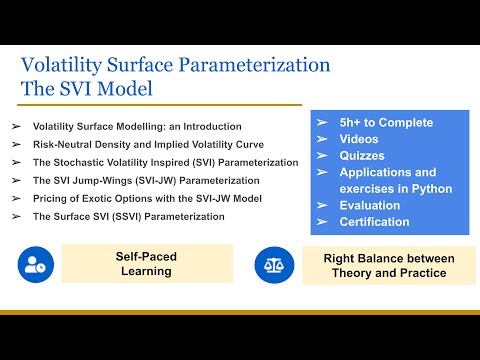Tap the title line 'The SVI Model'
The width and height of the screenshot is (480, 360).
(88, 89)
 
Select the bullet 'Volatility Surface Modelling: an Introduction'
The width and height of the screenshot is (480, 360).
(137, 127)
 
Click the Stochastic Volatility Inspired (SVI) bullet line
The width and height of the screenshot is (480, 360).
(165, 162)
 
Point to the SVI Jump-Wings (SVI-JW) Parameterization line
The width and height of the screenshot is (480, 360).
(146, 180)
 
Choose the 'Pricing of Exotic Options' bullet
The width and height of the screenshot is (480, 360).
(146, 198)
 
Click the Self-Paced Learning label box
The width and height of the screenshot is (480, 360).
(147, 264)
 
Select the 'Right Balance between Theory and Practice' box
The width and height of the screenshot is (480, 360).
(389, 265)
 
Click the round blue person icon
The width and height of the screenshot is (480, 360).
(35, 264)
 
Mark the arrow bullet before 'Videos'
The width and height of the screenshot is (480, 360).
(322, 139)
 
